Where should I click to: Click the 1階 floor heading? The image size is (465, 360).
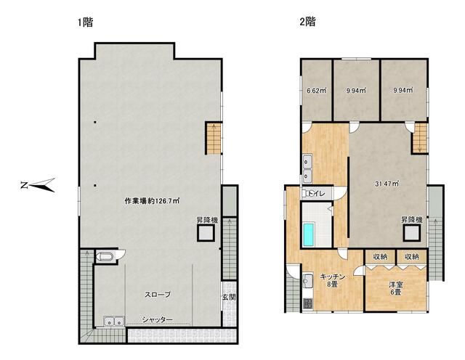86,22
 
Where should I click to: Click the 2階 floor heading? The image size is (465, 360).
307,22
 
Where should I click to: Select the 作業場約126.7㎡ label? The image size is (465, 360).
152,201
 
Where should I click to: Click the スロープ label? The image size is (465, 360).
158,295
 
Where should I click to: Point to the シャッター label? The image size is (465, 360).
157,319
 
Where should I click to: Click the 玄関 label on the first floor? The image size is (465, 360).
229,297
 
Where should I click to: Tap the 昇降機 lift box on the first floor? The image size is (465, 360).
206,233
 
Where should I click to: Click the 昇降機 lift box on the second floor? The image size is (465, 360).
412,233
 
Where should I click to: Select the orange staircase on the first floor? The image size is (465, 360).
214,139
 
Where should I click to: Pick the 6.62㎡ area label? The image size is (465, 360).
316,91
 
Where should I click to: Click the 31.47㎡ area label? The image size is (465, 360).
387,184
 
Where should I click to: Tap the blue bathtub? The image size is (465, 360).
308,234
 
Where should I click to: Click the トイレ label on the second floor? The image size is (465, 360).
317,194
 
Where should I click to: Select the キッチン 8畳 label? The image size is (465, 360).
333,281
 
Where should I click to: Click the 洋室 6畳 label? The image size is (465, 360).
395,288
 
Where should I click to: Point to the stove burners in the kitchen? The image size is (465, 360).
308,303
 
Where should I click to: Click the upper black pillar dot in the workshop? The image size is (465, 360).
95,122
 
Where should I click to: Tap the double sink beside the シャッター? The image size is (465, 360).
114,322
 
